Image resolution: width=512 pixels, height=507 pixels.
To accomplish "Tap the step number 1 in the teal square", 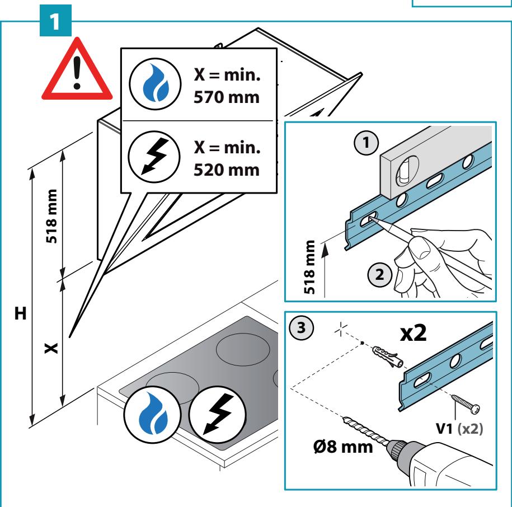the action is pos(55,21).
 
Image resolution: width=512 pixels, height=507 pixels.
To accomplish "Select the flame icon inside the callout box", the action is pos(155,84).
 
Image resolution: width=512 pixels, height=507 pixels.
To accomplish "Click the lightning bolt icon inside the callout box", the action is pos(154,157).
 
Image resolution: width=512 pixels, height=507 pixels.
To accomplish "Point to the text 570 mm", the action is pos(227,97).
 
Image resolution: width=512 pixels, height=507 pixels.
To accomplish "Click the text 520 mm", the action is pos(227,170).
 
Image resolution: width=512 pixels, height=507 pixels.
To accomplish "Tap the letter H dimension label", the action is pos(21,313).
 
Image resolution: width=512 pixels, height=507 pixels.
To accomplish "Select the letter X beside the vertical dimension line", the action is pos(51,348).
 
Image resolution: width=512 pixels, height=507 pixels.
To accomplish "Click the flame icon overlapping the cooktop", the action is pos(153,414).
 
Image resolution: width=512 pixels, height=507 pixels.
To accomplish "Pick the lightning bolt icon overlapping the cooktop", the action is pos(217,414).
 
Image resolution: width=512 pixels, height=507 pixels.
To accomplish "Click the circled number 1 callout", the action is pos(367,143).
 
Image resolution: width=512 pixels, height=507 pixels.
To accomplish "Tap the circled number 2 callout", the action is pos(379,275).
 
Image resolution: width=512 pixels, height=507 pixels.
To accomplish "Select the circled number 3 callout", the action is pos(302,327).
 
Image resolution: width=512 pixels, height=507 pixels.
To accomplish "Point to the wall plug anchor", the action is pos(388,356).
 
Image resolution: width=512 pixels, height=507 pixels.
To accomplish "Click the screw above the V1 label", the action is pos(466,404).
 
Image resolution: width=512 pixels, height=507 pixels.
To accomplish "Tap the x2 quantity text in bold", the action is pos(414,333).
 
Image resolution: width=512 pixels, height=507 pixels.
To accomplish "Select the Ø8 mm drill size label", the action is pos(343,447).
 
